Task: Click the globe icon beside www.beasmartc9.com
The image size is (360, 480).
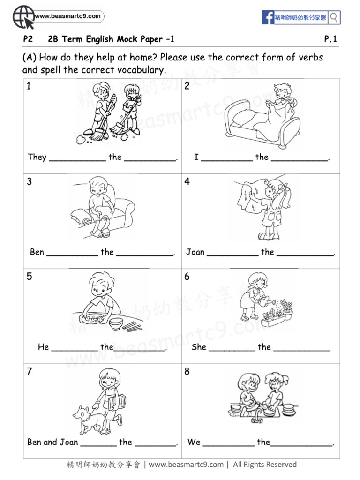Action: [x=22, y=18]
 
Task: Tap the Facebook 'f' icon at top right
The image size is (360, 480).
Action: [x=268, y=18]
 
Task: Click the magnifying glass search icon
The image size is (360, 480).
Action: [x=334, y=18]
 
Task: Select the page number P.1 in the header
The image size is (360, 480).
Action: [x=330, y=39]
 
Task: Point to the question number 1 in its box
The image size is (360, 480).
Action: [x=29, y=86]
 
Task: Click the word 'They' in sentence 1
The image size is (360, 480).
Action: [x=37, y=157]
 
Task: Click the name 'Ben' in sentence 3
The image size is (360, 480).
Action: [x=37, y=252]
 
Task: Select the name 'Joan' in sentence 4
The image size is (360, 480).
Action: [x=195, y=252]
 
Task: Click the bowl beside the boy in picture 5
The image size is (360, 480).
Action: [x=116, y=324]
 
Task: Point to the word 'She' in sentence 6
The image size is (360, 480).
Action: [x=199, y=347]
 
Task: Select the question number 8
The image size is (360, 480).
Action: [x=187, y=372]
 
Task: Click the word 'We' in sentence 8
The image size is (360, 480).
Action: [x=194, y=442]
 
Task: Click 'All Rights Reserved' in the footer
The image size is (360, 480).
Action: [x=265, y=465]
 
